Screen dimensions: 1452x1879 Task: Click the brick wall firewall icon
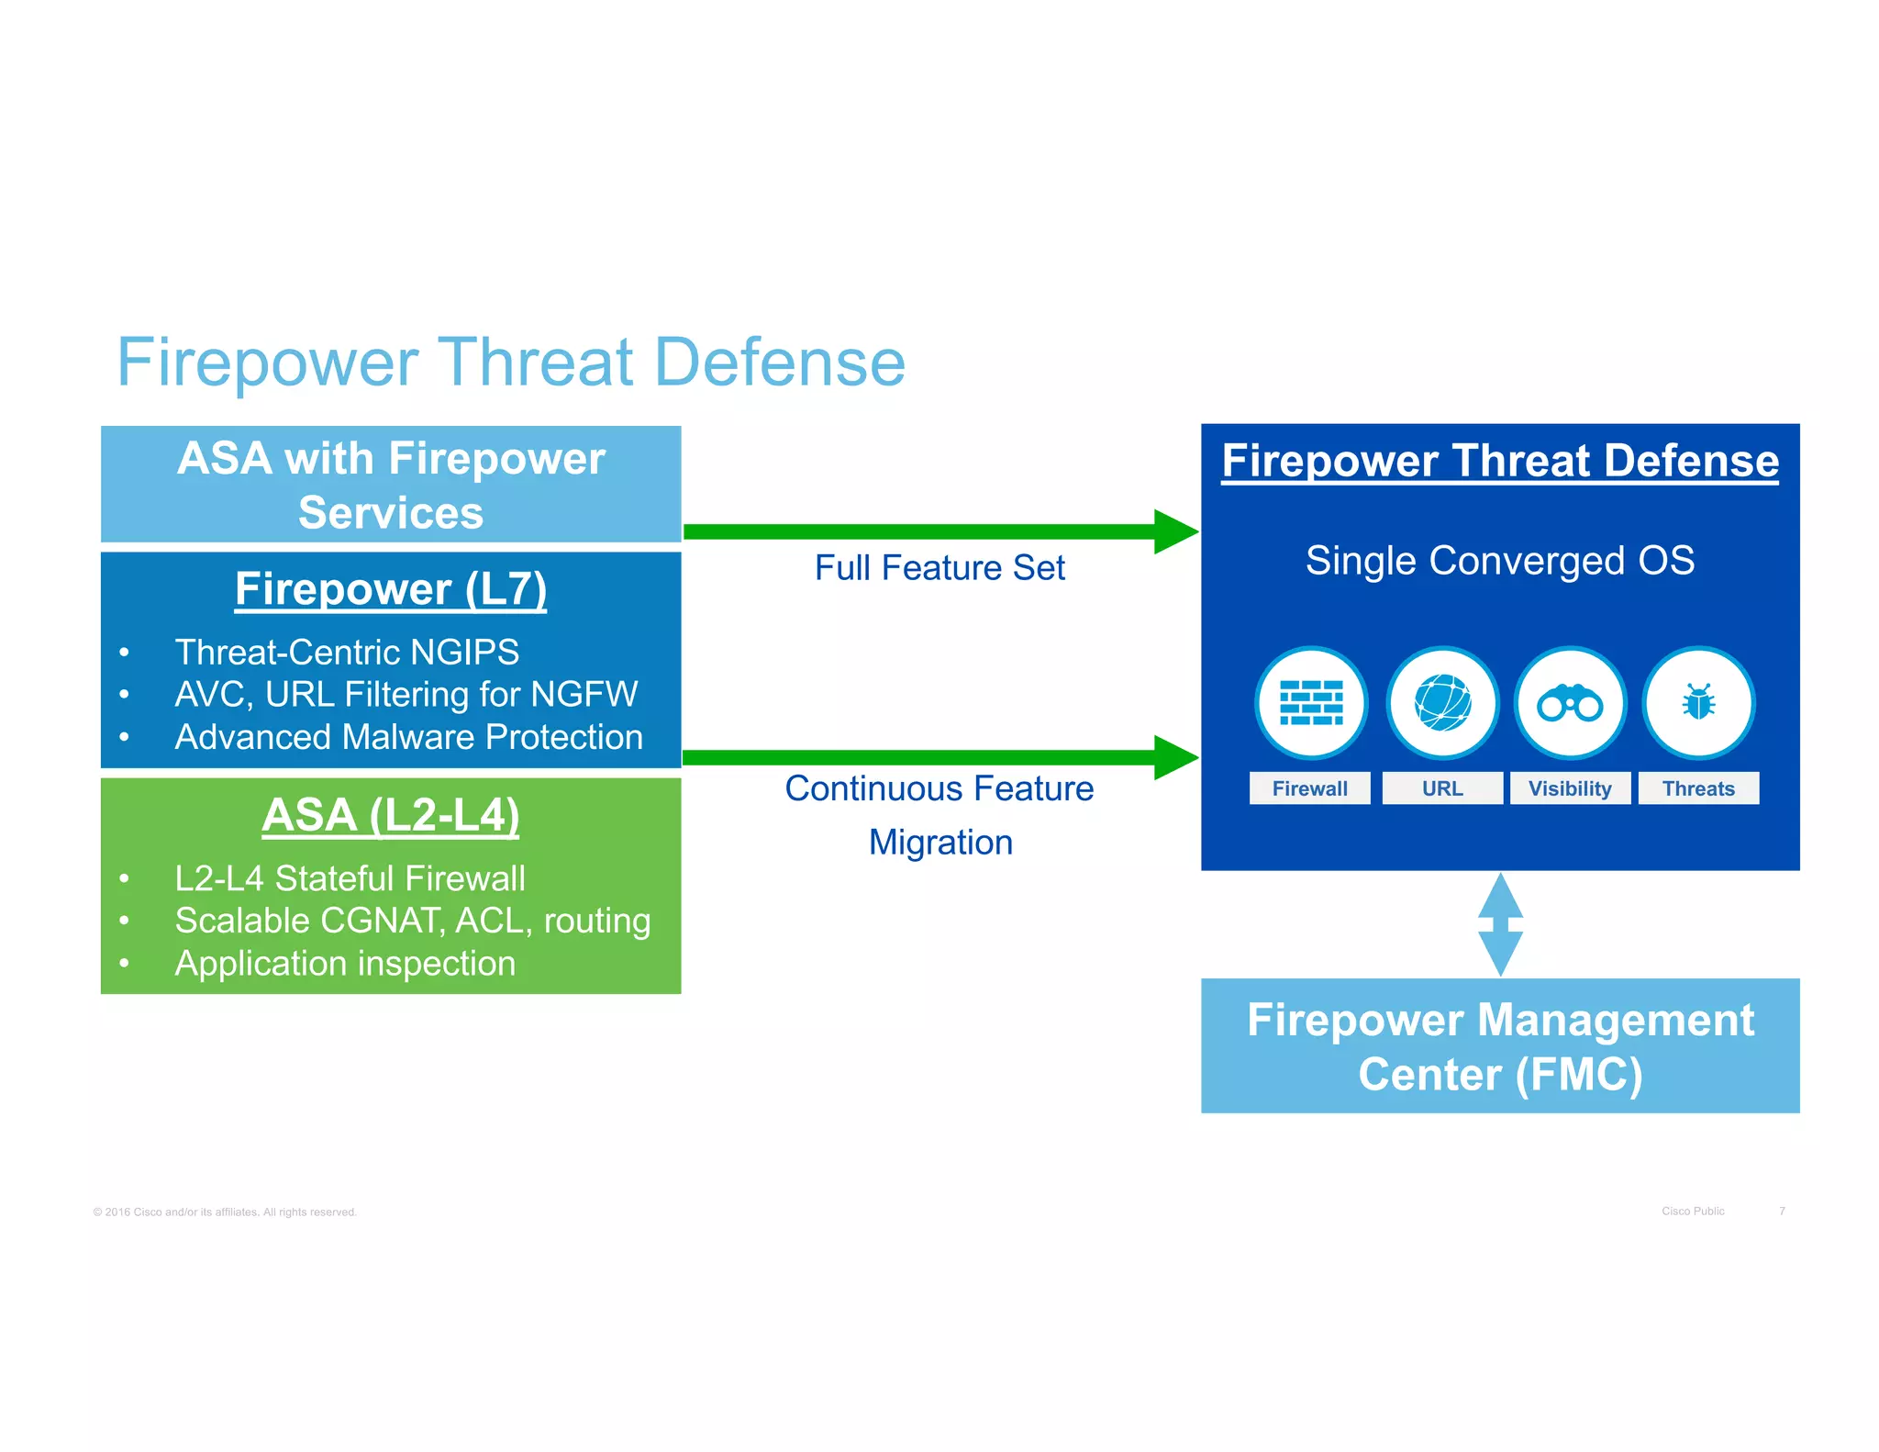click(1311, 703)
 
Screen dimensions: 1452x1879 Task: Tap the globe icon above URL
click(1442, 703)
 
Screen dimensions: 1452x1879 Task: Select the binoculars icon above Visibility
click(1570, 704)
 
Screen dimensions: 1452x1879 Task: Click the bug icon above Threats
click(1698, 704)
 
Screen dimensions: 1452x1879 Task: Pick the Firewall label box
click(1309, 788)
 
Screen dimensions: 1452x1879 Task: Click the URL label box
click(1442, 788)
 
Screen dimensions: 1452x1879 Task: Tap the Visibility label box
click(1570, 788)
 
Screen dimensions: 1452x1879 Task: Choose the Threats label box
click(1698, 788)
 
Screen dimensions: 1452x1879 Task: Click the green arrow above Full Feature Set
click(939, 531)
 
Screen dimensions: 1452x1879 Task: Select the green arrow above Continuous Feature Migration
click(939, 757)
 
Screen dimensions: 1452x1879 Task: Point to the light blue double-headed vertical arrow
click(1500, 924)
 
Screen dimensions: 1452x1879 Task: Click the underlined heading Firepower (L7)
click(391, 589)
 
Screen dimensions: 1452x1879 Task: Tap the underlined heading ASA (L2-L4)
click(391, 815)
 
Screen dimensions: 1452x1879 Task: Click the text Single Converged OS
click(1500, 560)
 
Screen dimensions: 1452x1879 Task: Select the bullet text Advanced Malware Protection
click(409, 737)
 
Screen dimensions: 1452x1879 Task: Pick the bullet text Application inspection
click(345, 963)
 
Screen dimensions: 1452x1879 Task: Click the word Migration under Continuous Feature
click(940, 843)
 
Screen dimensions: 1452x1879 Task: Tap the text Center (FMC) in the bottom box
click(1500, 1074)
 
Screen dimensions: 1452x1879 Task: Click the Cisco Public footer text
click(1693, 1211)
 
